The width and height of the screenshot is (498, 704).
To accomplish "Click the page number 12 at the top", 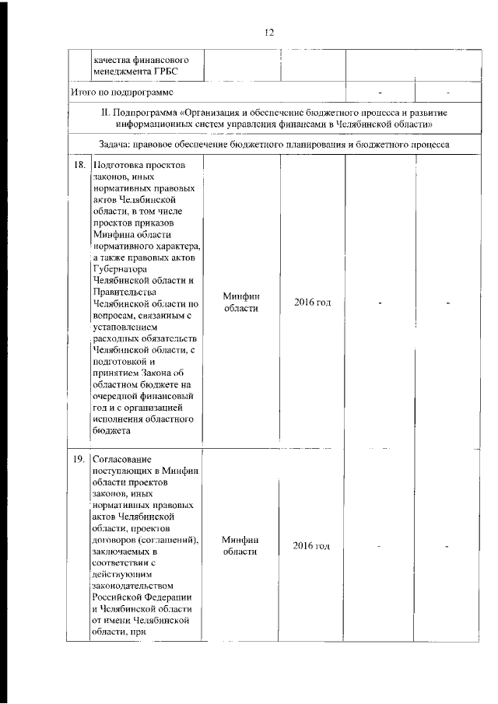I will click(x=269, y=32).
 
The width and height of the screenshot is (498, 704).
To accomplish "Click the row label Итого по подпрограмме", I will click(x=116, y=92).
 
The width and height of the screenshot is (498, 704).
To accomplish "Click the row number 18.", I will click(x=79, y=166).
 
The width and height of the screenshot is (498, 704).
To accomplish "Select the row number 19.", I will click(x=79, y=460).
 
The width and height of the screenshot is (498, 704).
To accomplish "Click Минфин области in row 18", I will click(x=240, y=302).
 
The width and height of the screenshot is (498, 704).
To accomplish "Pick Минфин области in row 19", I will click(x=240, y=545).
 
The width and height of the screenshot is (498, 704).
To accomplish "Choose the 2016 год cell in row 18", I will click(x=312, y=302).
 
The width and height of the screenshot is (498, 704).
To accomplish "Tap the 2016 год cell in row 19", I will click(x=312, y=545).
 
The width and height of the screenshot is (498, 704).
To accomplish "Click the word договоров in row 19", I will click(x=114, y=539).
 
